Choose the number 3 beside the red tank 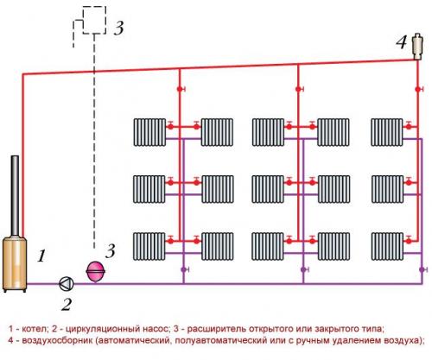(110, 251)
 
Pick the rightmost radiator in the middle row (387, 187)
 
